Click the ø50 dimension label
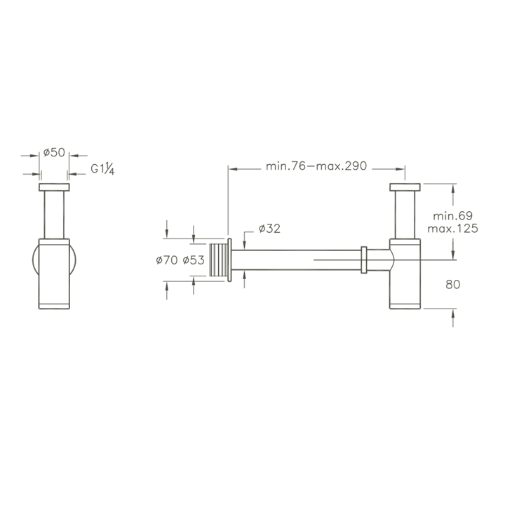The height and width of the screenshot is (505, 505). pos(54,152)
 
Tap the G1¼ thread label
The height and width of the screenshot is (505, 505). pos(102,169)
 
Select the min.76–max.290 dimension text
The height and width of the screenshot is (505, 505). pos(316,166)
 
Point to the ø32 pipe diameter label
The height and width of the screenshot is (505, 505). pos(269,229)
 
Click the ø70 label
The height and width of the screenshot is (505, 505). pos(166,260)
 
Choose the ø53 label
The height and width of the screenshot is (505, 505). pos(194,260)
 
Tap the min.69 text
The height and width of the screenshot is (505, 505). pos(452,216)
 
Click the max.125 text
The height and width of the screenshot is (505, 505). pos(452,229)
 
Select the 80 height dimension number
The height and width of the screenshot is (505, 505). pos(453,284)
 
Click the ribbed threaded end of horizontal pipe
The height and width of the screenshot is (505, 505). pos(218,260)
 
